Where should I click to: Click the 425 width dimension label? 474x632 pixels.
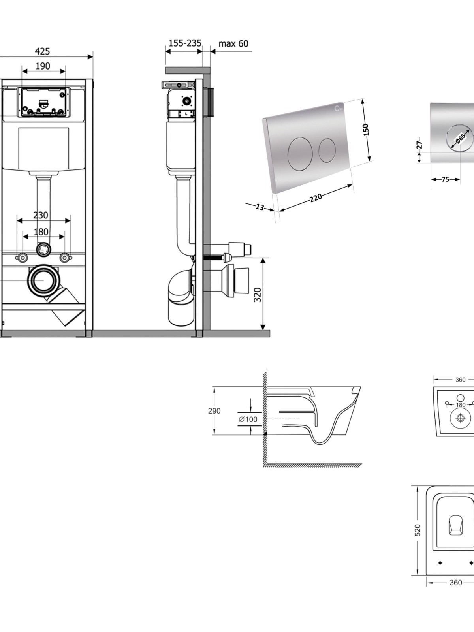point(42,51)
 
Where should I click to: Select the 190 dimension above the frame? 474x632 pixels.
point(43,66)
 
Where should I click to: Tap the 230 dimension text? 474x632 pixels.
point(41,215)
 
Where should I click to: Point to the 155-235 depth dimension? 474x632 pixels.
point(185,43)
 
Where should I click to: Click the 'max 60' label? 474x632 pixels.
point(233,43)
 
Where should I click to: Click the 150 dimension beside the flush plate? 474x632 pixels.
point(365,130)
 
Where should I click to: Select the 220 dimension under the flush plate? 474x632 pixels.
point(316,198)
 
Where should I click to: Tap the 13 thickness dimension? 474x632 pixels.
point(260,207)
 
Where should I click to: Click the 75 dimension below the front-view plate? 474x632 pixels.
point(445,179)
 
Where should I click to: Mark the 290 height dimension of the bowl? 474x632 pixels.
point(214,411)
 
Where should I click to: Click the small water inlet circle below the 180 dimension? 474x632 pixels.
point(43,249)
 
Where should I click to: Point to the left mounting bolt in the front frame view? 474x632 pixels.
point(22,258)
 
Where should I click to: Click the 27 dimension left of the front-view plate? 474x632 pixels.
point(419,143)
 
